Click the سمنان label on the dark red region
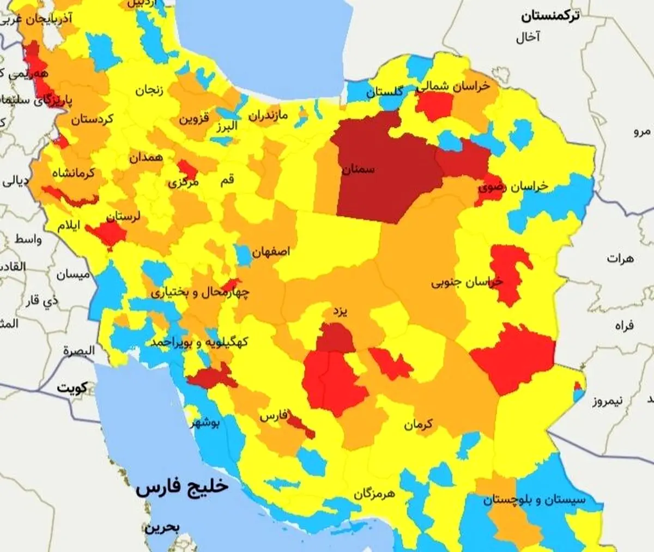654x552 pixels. click(358, 169)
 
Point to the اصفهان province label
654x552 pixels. click(271, 252)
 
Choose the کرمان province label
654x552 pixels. click(418, 424)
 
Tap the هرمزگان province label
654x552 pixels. click(374, 494)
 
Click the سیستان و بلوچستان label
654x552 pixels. click(534, 500)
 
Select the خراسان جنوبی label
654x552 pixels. click(467, 282)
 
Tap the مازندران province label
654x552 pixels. click(276, 115)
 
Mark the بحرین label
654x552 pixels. click(161, 527)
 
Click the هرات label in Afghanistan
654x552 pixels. click(620, 258)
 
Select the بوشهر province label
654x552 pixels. click(205, 423)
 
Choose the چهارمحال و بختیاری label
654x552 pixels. click(200, 293)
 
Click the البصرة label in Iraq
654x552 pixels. click(78, 350)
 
